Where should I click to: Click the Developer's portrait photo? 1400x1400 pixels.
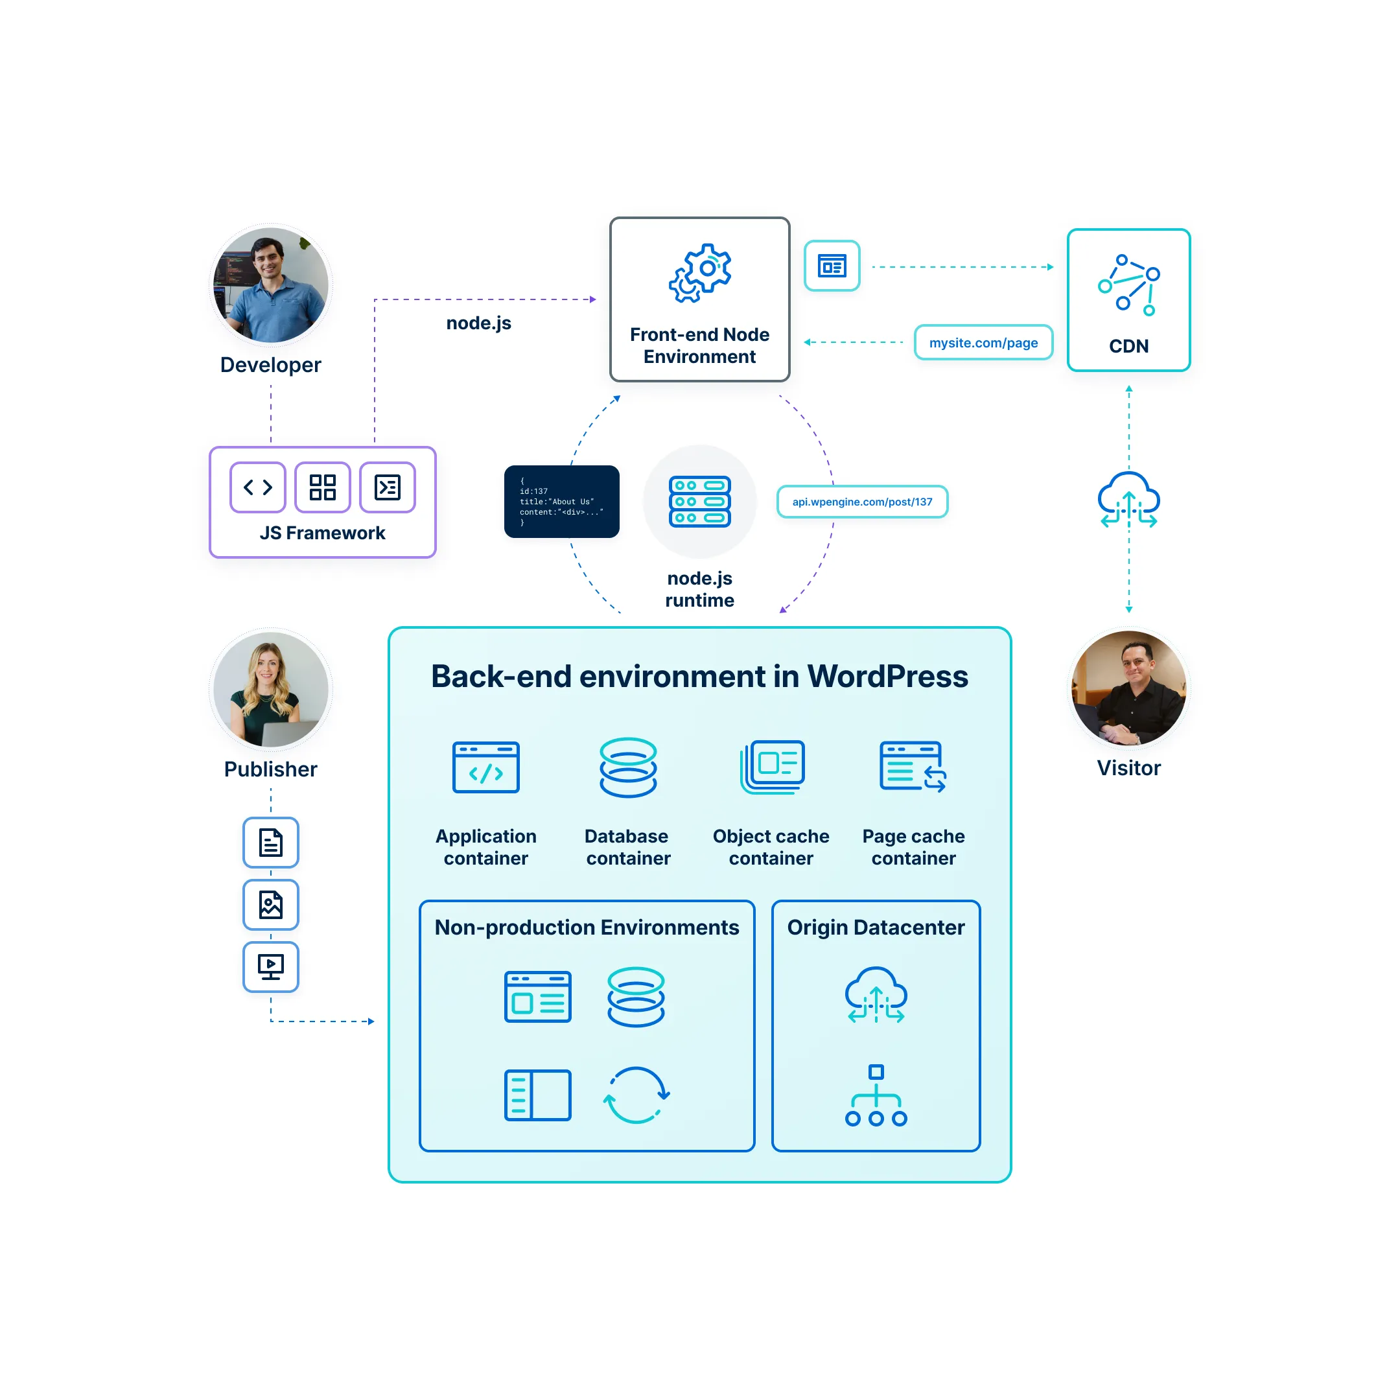coord(270,285)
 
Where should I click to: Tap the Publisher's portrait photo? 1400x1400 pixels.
coord(270,688)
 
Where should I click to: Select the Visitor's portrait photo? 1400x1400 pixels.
coord(1128,688)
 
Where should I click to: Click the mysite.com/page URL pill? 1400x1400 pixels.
coord(983,342)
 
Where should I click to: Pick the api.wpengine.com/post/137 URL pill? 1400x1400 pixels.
coord(861,502)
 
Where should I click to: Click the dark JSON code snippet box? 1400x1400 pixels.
coord(561,502)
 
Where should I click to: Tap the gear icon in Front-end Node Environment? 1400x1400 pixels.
coord(699,272)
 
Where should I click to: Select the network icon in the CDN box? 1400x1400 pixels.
coord(1128,285)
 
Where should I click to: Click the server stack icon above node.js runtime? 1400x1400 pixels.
coord(699,502)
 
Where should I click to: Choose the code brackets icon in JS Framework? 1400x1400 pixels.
coord(258,487)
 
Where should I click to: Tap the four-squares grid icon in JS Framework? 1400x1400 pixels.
coord(323,487)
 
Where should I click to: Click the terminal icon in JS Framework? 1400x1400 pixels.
coord(387,487)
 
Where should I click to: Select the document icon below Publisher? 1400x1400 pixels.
coord(270,842)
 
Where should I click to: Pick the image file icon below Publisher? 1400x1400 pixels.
coord(270,904)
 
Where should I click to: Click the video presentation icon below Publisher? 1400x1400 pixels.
coord(270,966)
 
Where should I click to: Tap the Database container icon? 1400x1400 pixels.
coord(627,767)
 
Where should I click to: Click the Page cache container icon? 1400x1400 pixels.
coord(913,767)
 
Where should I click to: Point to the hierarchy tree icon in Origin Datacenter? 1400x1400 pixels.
coord(876,1095)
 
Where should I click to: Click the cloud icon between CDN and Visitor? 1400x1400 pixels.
coord(1128,500)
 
